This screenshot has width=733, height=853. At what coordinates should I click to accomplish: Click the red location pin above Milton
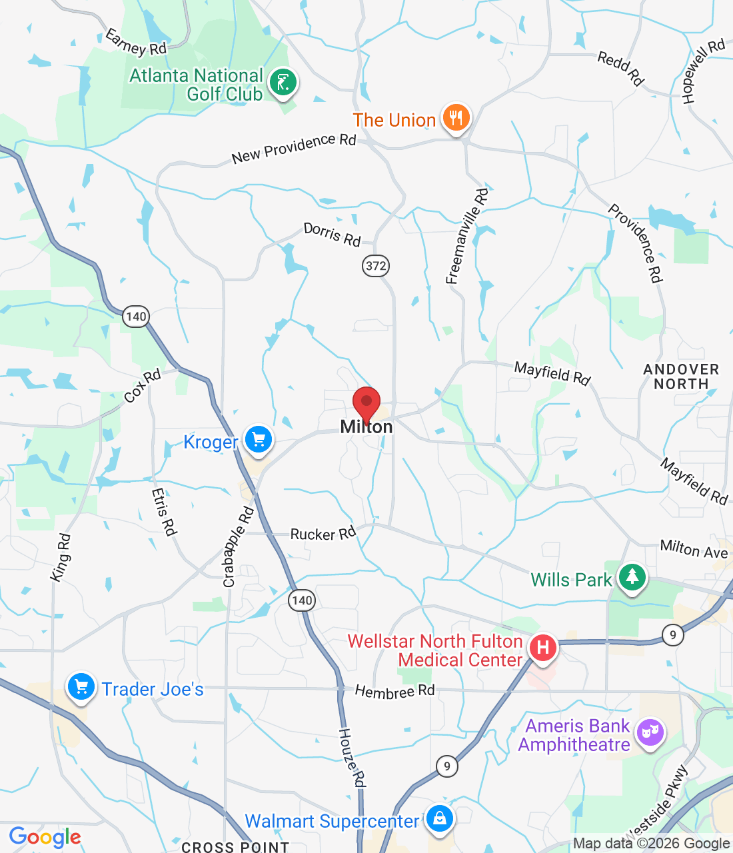pyautogui.click(x=366, y=403)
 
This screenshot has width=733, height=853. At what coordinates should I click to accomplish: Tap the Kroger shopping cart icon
pyautogui.click(x=259, y=440)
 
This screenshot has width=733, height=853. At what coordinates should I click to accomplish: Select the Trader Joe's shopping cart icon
pyautogui.click(x=81, y=686)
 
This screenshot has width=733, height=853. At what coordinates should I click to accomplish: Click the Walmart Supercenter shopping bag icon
pyautogui.click(x=439, y=818)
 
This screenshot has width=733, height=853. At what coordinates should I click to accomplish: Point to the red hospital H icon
pyautogui.click(x=543, y=647)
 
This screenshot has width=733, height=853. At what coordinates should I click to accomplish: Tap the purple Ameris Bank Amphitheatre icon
pyautogui.click(x=650, y=733)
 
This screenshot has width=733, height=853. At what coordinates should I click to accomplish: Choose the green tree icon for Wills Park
pyautogui.click(x=632, y=577)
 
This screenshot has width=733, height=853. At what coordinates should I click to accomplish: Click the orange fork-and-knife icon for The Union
pyautogui.click(x=456, y=118)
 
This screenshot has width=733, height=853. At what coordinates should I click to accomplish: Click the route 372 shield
pyautogui.click(x=376, y=266)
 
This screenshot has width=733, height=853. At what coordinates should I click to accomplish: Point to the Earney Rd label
pyautogui.click(x=136, y=43)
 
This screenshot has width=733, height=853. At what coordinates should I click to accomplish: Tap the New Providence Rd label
pyautogui.click(x=294, y=148)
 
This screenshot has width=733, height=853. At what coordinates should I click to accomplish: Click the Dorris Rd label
pyautogui.click(x=332, y=234)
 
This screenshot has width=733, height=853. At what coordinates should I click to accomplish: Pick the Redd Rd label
pyautogui.click(x=620, y=68)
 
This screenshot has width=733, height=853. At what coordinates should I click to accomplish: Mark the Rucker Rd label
pyautogui.click(x=323, y=534)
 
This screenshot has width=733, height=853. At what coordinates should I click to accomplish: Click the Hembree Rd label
pyautogui.click(x=394, y=692)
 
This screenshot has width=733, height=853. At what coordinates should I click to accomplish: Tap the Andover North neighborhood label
pyautogui.click(x=681, y=377)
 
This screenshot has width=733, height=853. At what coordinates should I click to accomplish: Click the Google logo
pyautogui.click(x=45, y=837)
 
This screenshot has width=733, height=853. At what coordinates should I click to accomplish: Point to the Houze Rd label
pyautogui.click(x=352, y=757)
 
